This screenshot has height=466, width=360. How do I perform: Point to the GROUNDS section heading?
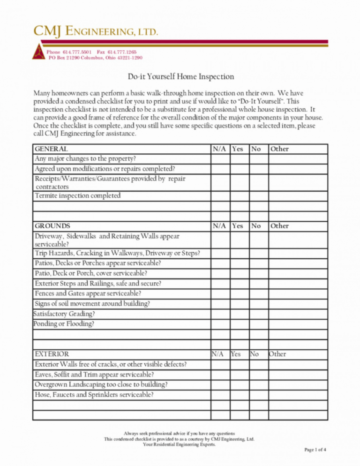tap(52, 226)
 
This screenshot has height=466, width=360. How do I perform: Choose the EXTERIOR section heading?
tap(52, 354)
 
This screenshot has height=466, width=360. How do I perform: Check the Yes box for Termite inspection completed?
tap(239, 195)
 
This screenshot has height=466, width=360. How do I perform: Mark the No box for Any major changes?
tap(258, 158)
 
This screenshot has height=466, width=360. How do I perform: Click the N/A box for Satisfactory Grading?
tap(220, 314)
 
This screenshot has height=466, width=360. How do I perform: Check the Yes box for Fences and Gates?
tap(239, 293)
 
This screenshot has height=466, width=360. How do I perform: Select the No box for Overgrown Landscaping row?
tap(258, 384)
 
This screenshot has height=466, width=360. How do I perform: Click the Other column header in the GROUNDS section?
tap(279, 226)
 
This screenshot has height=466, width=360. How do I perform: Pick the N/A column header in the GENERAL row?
tap(219, 149)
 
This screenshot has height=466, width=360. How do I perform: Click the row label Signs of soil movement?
tap(92, 304)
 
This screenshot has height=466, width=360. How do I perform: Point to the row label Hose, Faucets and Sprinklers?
tap(94, 395)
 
